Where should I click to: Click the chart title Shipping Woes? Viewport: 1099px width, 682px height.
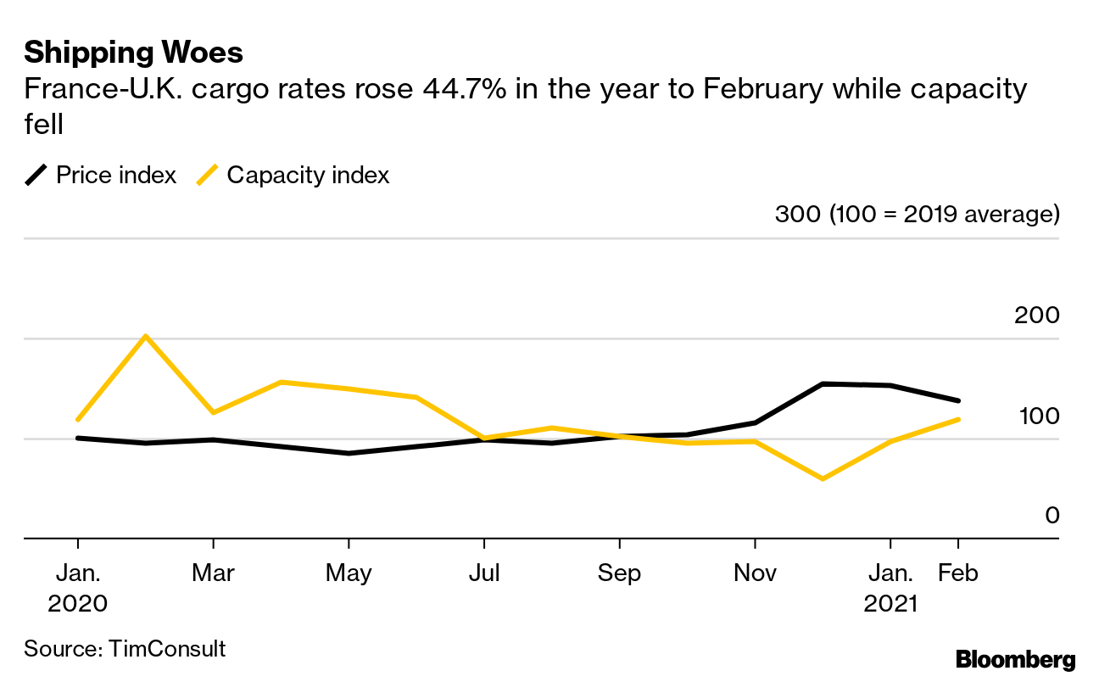point(133,53)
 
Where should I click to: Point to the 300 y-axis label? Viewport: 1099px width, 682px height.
point(798,214)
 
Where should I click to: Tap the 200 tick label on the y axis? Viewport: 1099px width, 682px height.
point(1036,316)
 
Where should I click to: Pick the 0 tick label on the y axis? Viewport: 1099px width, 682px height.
point(1052,516)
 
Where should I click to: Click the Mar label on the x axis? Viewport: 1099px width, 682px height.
point(213,573)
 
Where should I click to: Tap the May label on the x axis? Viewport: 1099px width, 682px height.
point(349,573)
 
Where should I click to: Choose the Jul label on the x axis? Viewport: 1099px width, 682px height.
point(484,573)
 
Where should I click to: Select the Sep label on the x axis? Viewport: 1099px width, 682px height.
point(619,573)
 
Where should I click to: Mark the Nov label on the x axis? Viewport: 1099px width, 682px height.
point(755,573)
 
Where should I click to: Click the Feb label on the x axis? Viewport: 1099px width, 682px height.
point(958,573)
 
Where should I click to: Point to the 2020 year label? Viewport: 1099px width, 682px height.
point(78,604)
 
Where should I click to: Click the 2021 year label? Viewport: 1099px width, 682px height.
point(890,604)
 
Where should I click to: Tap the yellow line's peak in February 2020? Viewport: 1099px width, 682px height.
point(146,336)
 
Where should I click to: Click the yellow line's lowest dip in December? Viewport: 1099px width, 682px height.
point(823,479)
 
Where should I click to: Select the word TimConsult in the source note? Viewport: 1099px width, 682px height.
point(166,650)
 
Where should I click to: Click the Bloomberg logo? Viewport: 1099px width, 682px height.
point(1015,660)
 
